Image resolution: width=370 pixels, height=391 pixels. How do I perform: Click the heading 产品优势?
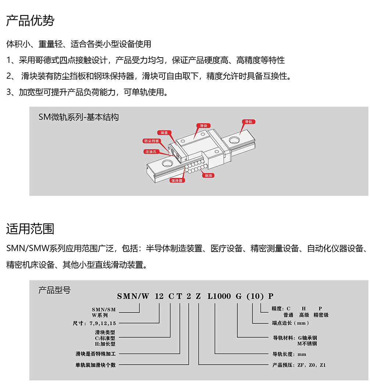pyautogui.click(x=30, y=21)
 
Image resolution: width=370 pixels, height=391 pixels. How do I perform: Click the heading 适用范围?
pyautogui.click(x=30, y=229)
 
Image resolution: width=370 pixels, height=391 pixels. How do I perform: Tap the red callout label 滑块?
pyautogui.click(x=203, y=126)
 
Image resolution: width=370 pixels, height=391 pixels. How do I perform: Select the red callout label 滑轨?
pyautogui.click(x=248, y=122)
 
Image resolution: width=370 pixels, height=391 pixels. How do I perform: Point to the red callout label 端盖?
pyautogui.click(x=164, y=133)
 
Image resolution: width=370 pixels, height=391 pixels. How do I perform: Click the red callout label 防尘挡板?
pyautogui.click(x=151, y=141)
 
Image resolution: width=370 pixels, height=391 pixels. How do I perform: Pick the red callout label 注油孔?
pyautogui.click(x=151, y=152)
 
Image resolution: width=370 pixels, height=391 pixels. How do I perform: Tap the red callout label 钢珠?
pyautogui.click(x=208, y=175)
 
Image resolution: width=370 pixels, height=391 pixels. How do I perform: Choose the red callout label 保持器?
pyautogui.click(x=177, y=181)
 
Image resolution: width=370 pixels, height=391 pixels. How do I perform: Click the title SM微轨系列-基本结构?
pyautogui.click(x=79, y=117)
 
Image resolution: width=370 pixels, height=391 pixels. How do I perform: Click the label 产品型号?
pyautogui.click(x=54, y=290)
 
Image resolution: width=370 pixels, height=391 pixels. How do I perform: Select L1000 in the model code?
pyautogui.click(x=219, y=296)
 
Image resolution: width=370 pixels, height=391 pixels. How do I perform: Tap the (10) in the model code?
pyautogui.click(x=255, y=296)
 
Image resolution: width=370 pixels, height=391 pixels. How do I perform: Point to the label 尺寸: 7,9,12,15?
pyautogui.click(x=94, y=323)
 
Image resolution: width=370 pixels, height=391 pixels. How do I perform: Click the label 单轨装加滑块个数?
pyautogui.click(x=96, y=365)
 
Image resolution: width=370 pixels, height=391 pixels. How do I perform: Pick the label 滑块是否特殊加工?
pyautogui.click(x=96, y=354)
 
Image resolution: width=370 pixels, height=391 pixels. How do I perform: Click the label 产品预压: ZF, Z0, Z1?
pyautogui.click(x=299, y=365)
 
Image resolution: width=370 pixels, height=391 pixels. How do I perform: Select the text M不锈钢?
pyautogui.click(x=307, y=344)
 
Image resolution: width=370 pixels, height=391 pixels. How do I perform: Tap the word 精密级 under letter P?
pyautogui.click(x=321, y=315)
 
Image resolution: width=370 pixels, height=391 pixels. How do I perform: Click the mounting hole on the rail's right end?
pyautogui.click(x=234, y=140)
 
